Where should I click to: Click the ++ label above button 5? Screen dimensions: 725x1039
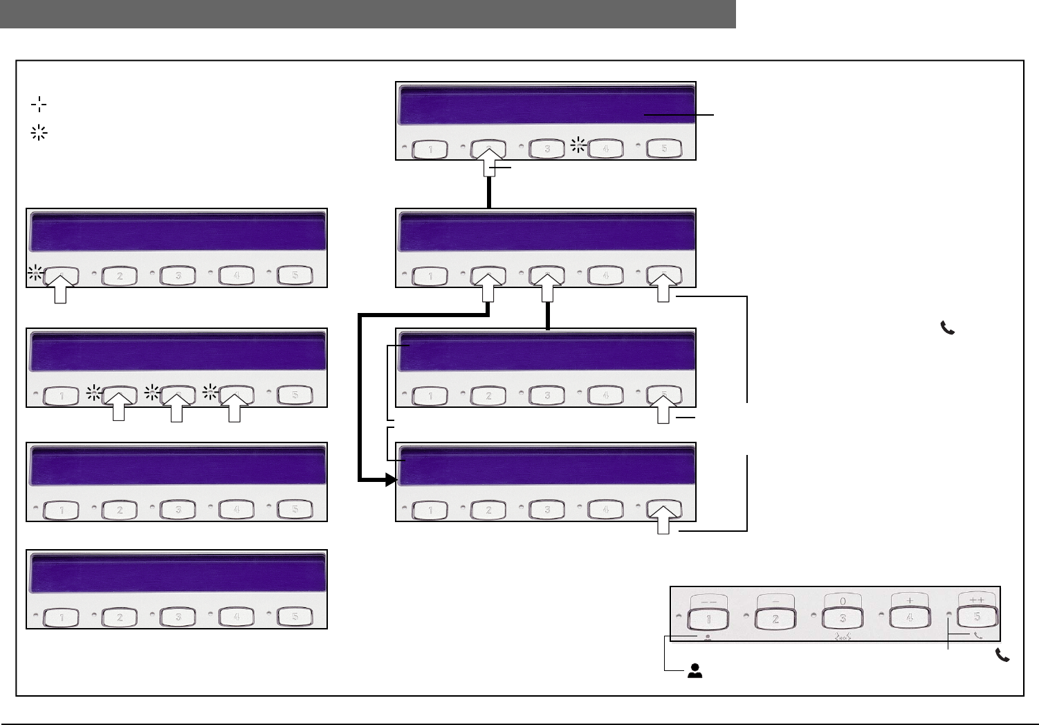(x=976, y=600)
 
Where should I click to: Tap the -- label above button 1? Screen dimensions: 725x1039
(x=708, y=600)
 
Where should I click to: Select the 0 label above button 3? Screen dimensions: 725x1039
(x=842, y=600)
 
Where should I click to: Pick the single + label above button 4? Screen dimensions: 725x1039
(x=909, y=600)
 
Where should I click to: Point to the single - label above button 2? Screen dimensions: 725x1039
(x=775, y=600)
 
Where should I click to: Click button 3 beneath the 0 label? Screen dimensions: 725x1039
(x=842, y=618)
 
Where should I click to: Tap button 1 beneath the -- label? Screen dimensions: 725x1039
(x=708, y=618)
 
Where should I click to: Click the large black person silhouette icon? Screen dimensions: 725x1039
(x=695, y=670)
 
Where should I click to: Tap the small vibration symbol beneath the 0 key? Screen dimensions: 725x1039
(x=842, y=636)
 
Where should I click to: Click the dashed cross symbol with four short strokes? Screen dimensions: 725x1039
(x=39, y=105)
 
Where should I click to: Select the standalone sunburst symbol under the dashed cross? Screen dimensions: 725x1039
(x=39, y=134)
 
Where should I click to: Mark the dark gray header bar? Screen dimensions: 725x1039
(x=367, y=14)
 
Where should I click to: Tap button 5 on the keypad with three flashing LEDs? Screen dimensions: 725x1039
(x=295, y=395)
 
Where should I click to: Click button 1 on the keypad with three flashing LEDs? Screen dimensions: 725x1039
(x=62, y=395)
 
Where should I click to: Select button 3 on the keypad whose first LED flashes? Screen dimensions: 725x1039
(x=178, y=276)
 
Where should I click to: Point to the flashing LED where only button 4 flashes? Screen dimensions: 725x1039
(x=579, y=145)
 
